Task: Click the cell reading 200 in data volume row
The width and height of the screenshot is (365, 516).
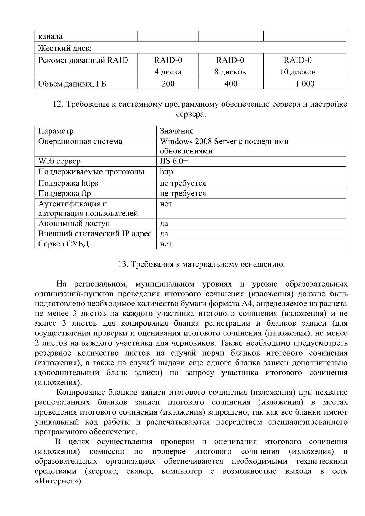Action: (168, 84)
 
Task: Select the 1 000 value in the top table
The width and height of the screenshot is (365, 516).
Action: (304, 84)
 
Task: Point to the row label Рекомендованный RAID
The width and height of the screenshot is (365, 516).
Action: (83, 60)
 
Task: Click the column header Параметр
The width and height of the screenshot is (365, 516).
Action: (56, 131)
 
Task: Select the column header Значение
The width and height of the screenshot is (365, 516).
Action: (176, 131)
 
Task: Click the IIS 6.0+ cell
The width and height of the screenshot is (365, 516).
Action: (174, 161)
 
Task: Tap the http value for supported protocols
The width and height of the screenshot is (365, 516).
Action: (166, 172)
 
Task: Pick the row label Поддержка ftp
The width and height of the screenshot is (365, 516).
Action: (64, 193)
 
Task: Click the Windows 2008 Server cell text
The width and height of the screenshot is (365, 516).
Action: (224, 141)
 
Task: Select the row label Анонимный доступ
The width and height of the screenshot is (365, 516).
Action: (74, 223)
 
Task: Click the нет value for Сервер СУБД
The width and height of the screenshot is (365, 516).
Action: (166, 244)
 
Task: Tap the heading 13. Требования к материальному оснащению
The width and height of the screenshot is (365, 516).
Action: (201, 264)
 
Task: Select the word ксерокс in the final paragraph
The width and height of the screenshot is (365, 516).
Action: (102, 471)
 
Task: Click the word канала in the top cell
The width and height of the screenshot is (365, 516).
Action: (50, 36)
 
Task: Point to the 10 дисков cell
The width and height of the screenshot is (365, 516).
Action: (297, 72)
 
